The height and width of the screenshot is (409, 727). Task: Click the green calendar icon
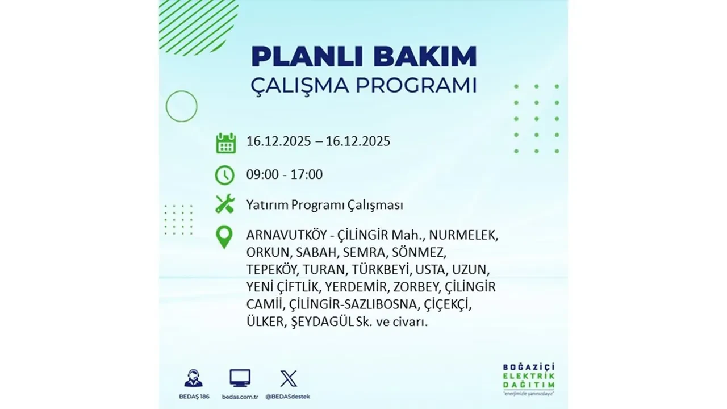225,143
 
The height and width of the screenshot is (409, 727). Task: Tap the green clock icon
225,174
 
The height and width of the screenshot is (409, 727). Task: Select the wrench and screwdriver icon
225,204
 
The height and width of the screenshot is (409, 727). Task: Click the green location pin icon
225,237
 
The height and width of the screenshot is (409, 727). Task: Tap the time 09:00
262,174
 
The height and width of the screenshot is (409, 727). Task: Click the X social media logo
289,378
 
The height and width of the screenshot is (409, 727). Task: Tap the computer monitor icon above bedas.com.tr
240,378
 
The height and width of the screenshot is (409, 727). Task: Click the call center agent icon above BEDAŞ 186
193,378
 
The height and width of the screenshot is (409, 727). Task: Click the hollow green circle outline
181,106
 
